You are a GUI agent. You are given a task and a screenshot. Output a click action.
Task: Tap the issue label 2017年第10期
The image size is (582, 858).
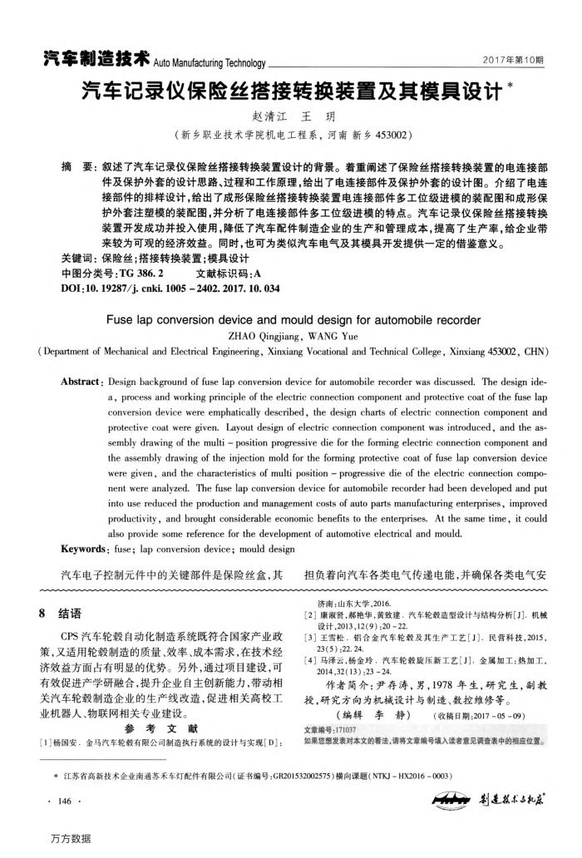(x=515, y=61)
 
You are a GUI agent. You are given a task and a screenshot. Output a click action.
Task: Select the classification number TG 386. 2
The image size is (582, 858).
(x=141, y=272)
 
